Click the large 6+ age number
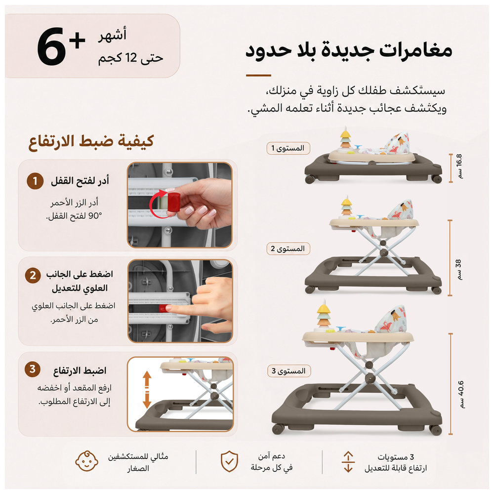[x=61, y=46]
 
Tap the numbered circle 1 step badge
[x=35, y=181]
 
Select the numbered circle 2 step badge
[x=33, y=275]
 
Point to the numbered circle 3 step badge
[x=33, y=369]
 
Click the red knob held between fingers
[x=173, y=202]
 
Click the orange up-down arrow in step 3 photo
[x=147, y=389]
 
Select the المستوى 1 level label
[x=288, y=148]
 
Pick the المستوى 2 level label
[x=288, y=249]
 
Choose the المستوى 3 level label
[x=288, y=371]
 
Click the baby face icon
[x=86, y=461]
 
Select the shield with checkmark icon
[x=229, y=461]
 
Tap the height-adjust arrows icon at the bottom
[x=348, y=461]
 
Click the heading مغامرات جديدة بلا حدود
[x=349, y=51]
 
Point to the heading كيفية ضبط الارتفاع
[x=91, y=141]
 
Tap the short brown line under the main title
[x=258, y=76]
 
